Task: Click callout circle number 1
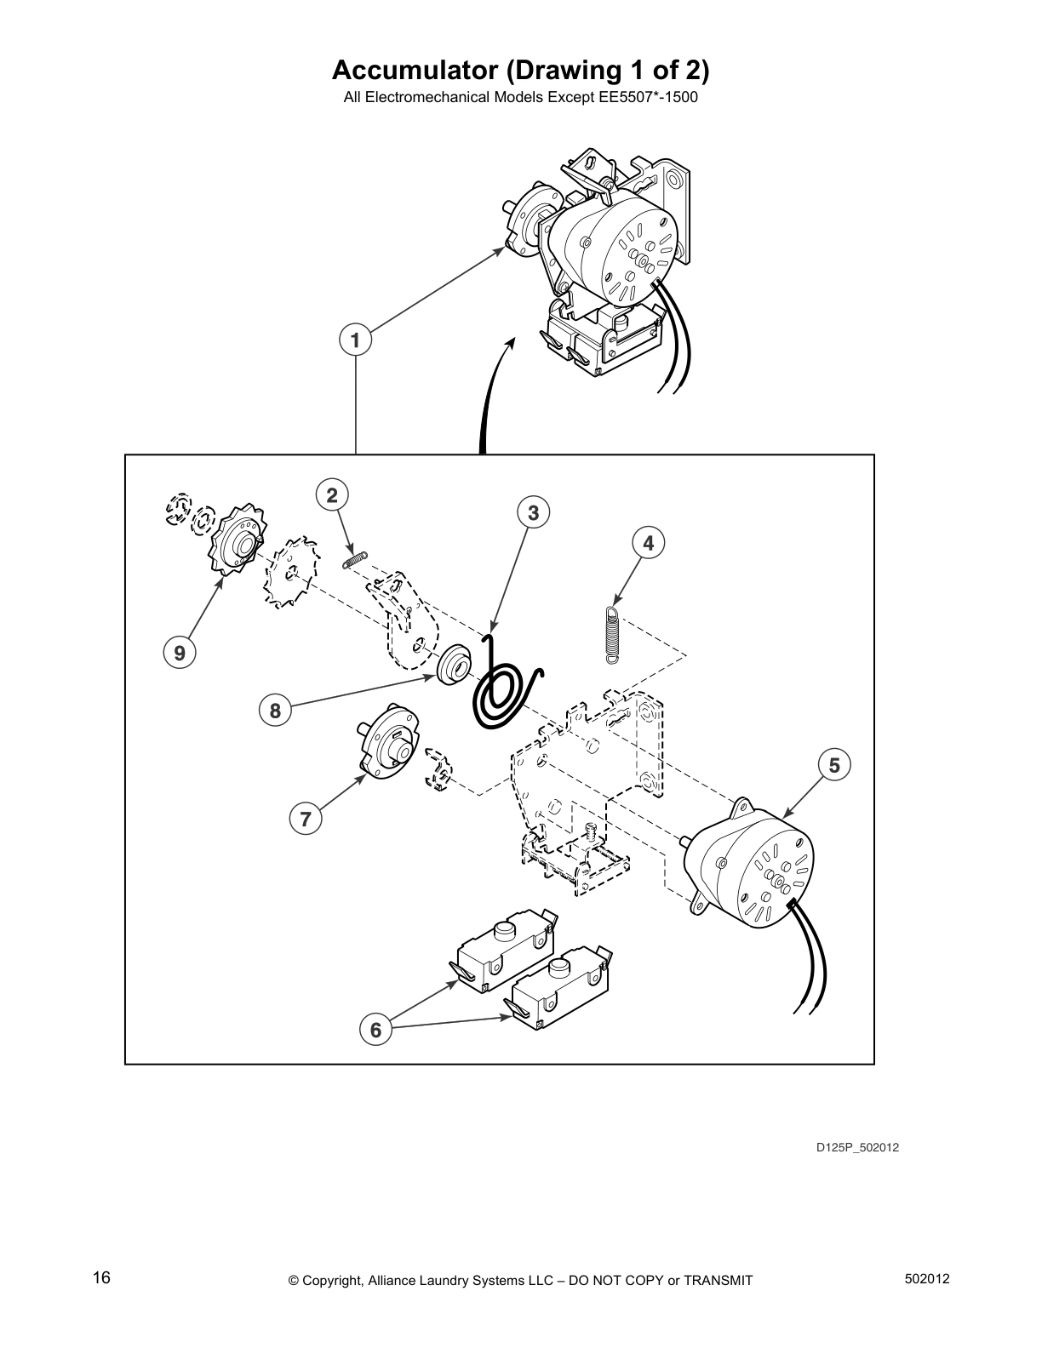(356, 340)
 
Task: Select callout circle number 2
(332, 494)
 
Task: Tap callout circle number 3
(534, 512)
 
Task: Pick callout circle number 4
(649, 542)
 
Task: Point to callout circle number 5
(834, 765)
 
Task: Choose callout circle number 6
(375, 1030)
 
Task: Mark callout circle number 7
(306, 820)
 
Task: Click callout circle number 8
(275, 710)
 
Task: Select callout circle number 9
(179, 653)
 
